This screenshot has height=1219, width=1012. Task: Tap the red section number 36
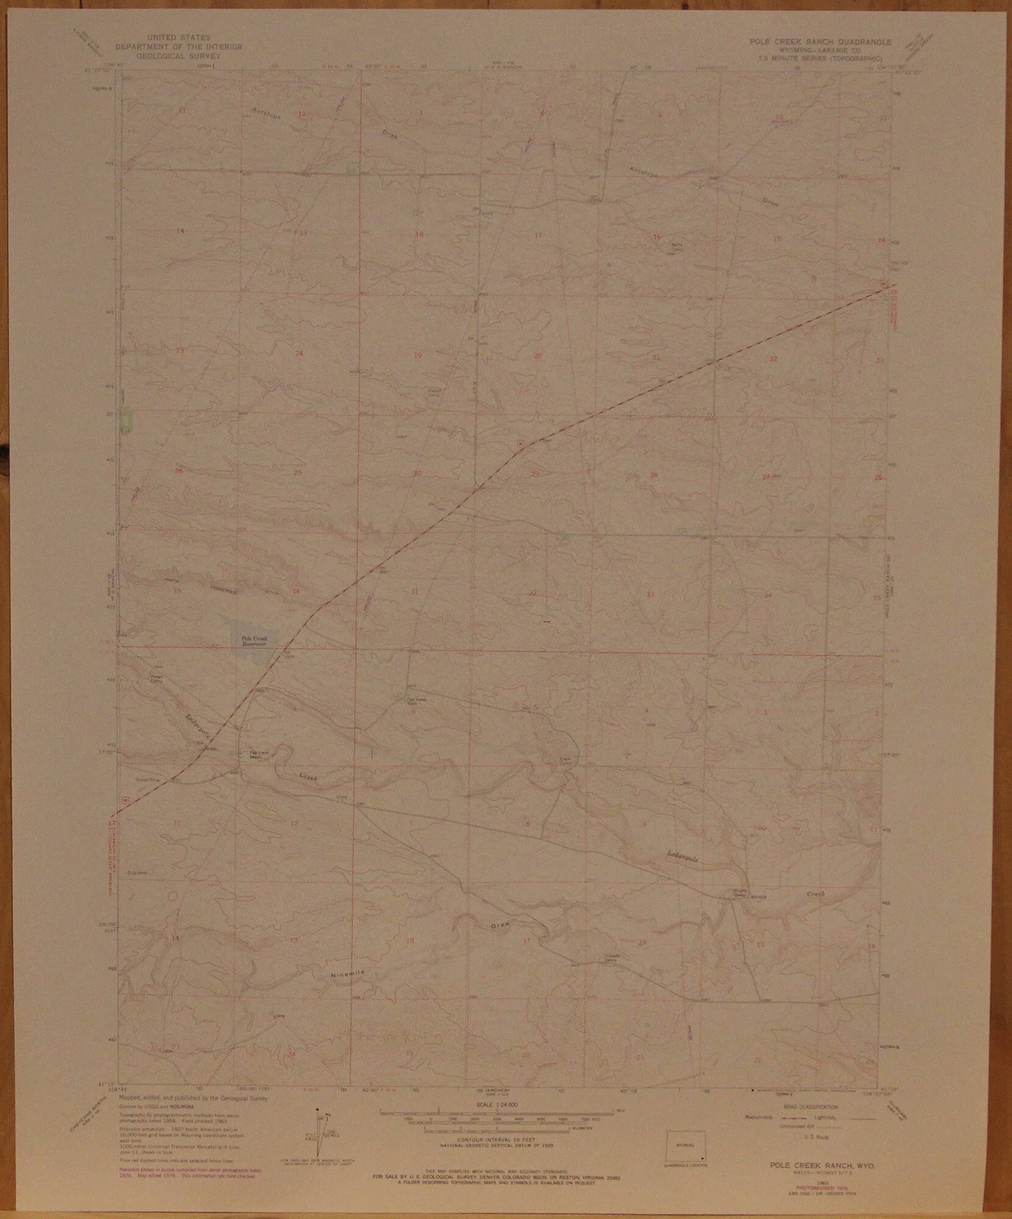(297, 591)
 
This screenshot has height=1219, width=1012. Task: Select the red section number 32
(533, 592)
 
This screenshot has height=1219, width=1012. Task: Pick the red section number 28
(654, 475)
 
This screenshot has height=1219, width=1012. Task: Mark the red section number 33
(650, 593)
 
